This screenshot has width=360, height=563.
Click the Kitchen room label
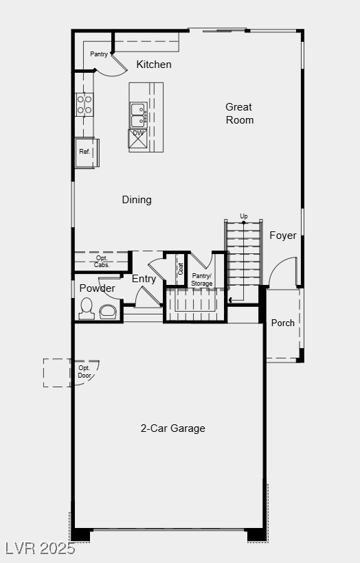click(154, 65)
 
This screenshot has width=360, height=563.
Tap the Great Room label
click(239, 113)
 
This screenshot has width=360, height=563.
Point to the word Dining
click(137, 200)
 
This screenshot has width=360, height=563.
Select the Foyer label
click(282, 235)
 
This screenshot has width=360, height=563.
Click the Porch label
click(282, 323)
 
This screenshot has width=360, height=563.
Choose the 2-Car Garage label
click(173, 428)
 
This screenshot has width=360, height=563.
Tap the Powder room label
click(97, 288)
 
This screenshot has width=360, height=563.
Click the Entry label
click(144, 279)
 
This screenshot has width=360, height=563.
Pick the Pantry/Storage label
click(202, 279)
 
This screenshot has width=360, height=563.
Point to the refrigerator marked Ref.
click(85, 152)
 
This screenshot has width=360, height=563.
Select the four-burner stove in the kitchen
click(85, 104)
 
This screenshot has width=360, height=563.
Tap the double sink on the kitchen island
click(138, 115)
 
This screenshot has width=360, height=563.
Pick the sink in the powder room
click(109, 312)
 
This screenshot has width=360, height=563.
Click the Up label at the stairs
click(244, 216)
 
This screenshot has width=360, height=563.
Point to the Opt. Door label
click(85, 371)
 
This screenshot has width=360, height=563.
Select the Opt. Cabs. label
click(102, 262)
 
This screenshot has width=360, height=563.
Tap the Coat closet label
click(181, 269)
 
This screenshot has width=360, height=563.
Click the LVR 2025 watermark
click(40, 549)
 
